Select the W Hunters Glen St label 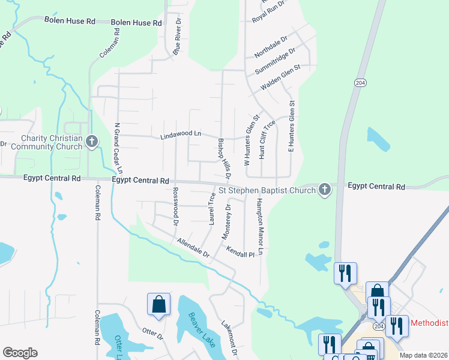coord(247,142)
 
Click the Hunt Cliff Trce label coord(267,139)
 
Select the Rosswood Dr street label coord(176,206)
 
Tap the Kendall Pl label coord(241,254)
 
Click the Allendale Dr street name coord(193,248)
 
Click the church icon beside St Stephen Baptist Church coord(325,190)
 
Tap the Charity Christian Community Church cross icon coord(91,142)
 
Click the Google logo coord(20,353)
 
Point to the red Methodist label coord(429,323)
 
